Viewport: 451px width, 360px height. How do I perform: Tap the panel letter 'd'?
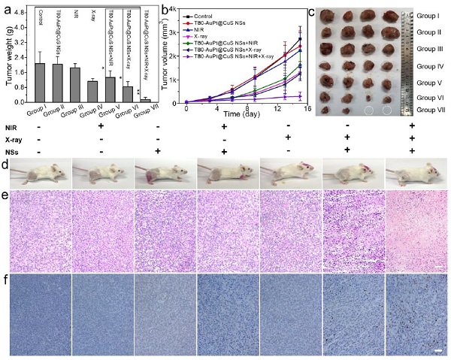point(5,162)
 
